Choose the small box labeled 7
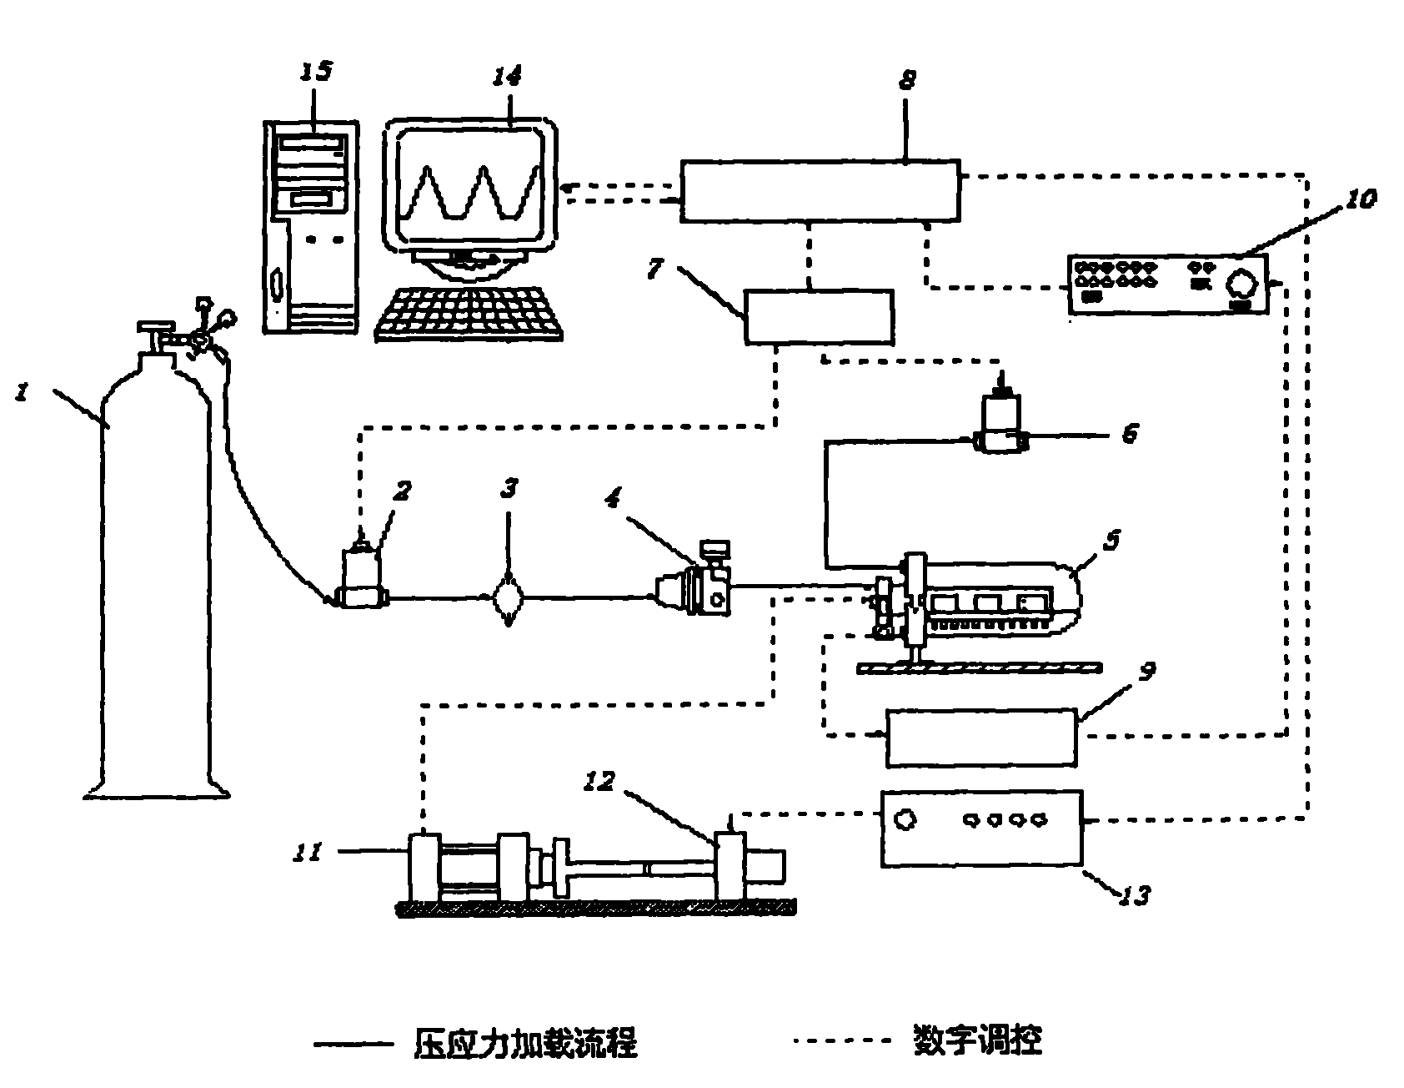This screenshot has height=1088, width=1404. [x=818, y=316]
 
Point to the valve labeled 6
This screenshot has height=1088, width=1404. [x=1003, y=427]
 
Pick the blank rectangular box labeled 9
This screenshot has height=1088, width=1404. [x=980, y=738]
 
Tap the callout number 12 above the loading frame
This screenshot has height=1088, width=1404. [x=600, y=783]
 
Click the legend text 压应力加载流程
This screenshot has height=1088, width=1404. [x=525, y=1042]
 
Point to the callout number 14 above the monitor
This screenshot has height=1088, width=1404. [x=506, y=77]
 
